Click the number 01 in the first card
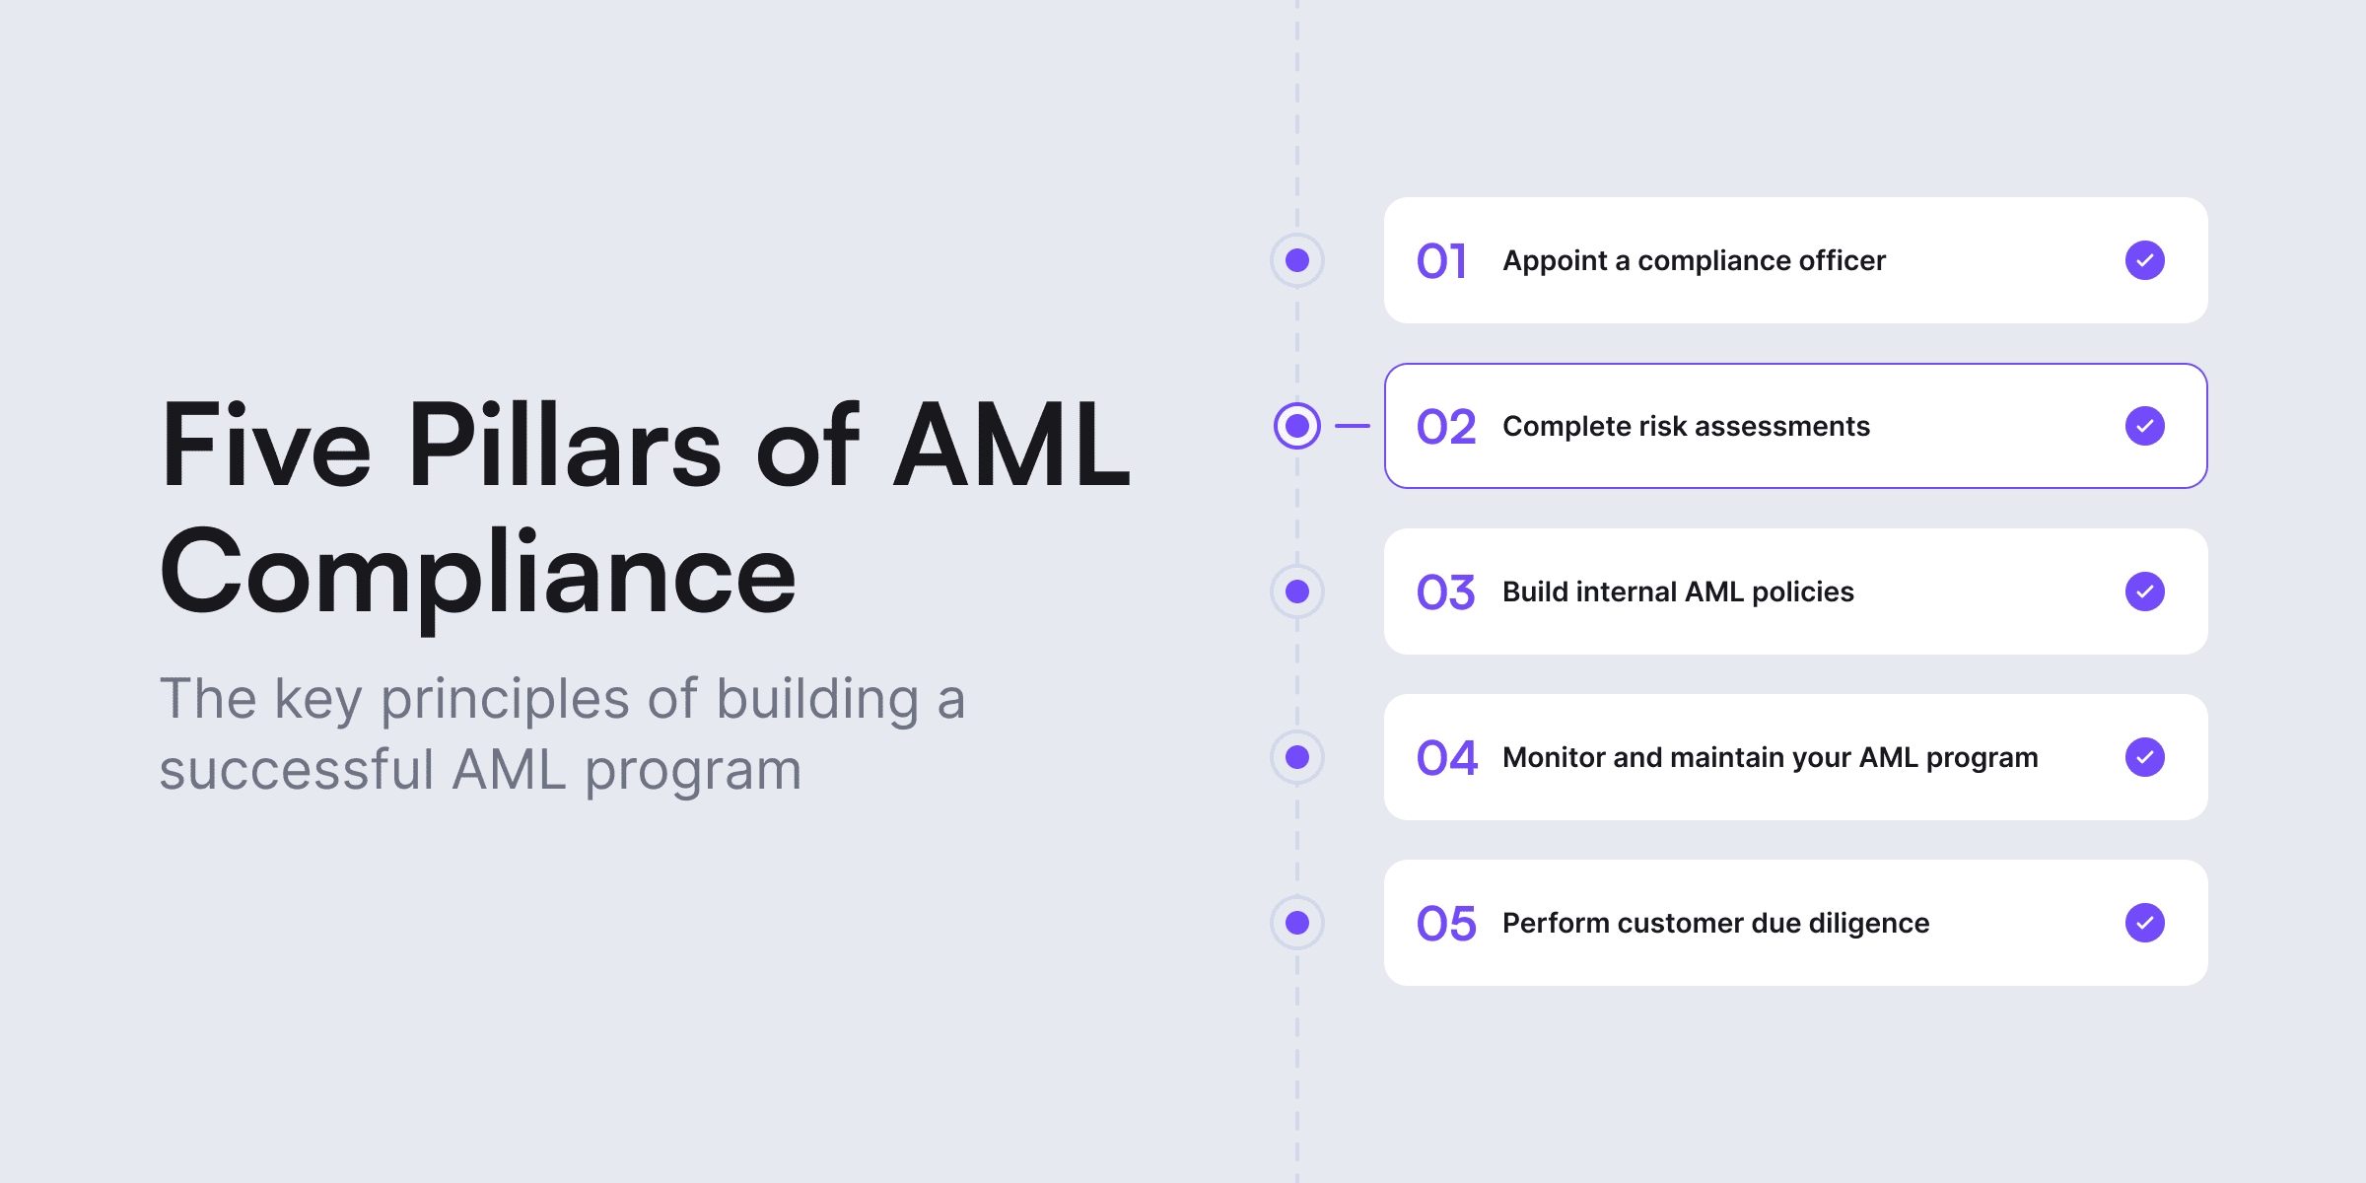click(1441, 261)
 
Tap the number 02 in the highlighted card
click(1446, 427)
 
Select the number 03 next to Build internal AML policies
click(1446, 592)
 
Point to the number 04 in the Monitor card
click(1447, 758)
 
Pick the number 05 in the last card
click(1446, 924)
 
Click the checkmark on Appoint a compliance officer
click(2145, 260)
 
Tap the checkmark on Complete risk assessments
click(2145, 426)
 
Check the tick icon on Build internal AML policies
click(2145, 591)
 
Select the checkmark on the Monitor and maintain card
click(2145, 757)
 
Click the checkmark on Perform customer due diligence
click(2145, 923)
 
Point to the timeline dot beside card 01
click(1297, 260)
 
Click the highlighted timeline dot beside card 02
click(1297, 426)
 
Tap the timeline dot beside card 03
click(1297, 591)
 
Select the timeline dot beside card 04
click(1297, 757)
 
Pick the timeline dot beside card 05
click(1297, 923)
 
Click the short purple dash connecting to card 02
click(1353, 426)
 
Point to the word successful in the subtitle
click(297, 770)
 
